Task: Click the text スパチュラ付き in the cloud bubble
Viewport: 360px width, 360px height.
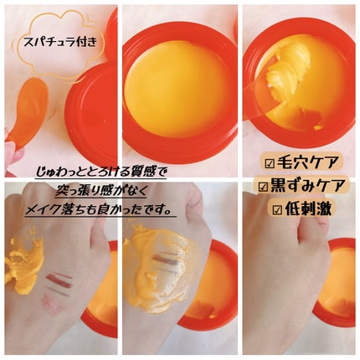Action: pos(60,43)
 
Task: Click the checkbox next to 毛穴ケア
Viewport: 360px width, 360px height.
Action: pos(270,164)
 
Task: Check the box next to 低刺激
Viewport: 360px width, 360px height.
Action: pos(277,209)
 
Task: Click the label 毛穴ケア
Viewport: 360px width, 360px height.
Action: pos(307,163)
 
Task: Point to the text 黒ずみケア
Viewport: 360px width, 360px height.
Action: pos(307,186)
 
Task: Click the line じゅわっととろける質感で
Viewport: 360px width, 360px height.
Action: pos(101,172)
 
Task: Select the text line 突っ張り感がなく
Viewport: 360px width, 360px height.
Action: pos(100,191)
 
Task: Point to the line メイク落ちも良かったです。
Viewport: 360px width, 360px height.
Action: pos(100,210)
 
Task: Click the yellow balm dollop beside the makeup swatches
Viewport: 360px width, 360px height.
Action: pos(23,262)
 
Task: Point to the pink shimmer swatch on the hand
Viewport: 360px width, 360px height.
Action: pos(53,303)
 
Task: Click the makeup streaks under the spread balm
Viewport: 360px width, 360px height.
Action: pos(165,262)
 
